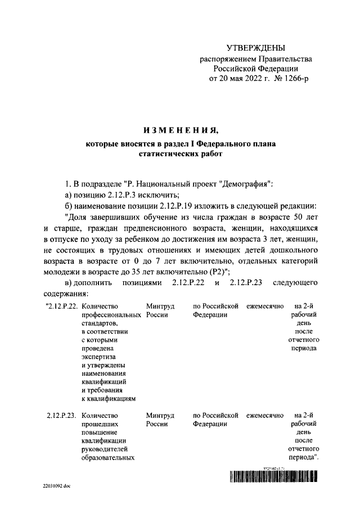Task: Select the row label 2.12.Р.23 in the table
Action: point(61,416)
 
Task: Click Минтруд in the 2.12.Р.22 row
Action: point(160,307)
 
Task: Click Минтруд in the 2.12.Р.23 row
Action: point(160,416)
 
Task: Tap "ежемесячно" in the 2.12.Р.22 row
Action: point(264,307)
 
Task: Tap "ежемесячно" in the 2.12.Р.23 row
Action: point(264,416)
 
